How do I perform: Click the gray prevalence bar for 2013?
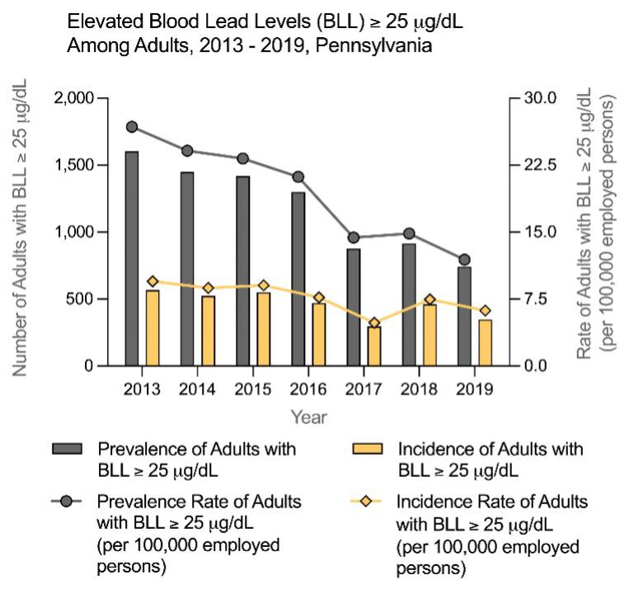tap(132, 259)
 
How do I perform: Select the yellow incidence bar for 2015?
tap(263, 330)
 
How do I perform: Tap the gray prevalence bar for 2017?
tap(353, 307)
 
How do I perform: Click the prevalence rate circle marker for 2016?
tap(298, 176)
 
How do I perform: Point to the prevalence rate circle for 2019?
tap(464, 259)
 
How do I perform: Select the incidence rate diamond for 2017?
tap(374, 323)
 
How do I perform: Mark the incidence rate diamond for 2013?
tap(153, 282)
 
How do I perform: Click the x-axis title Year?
tap(307, 417)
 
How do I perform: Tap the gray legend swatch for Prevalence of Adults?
tap(67, 448)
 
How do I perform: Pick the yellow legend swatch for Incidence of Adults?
tap(368, 448)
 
